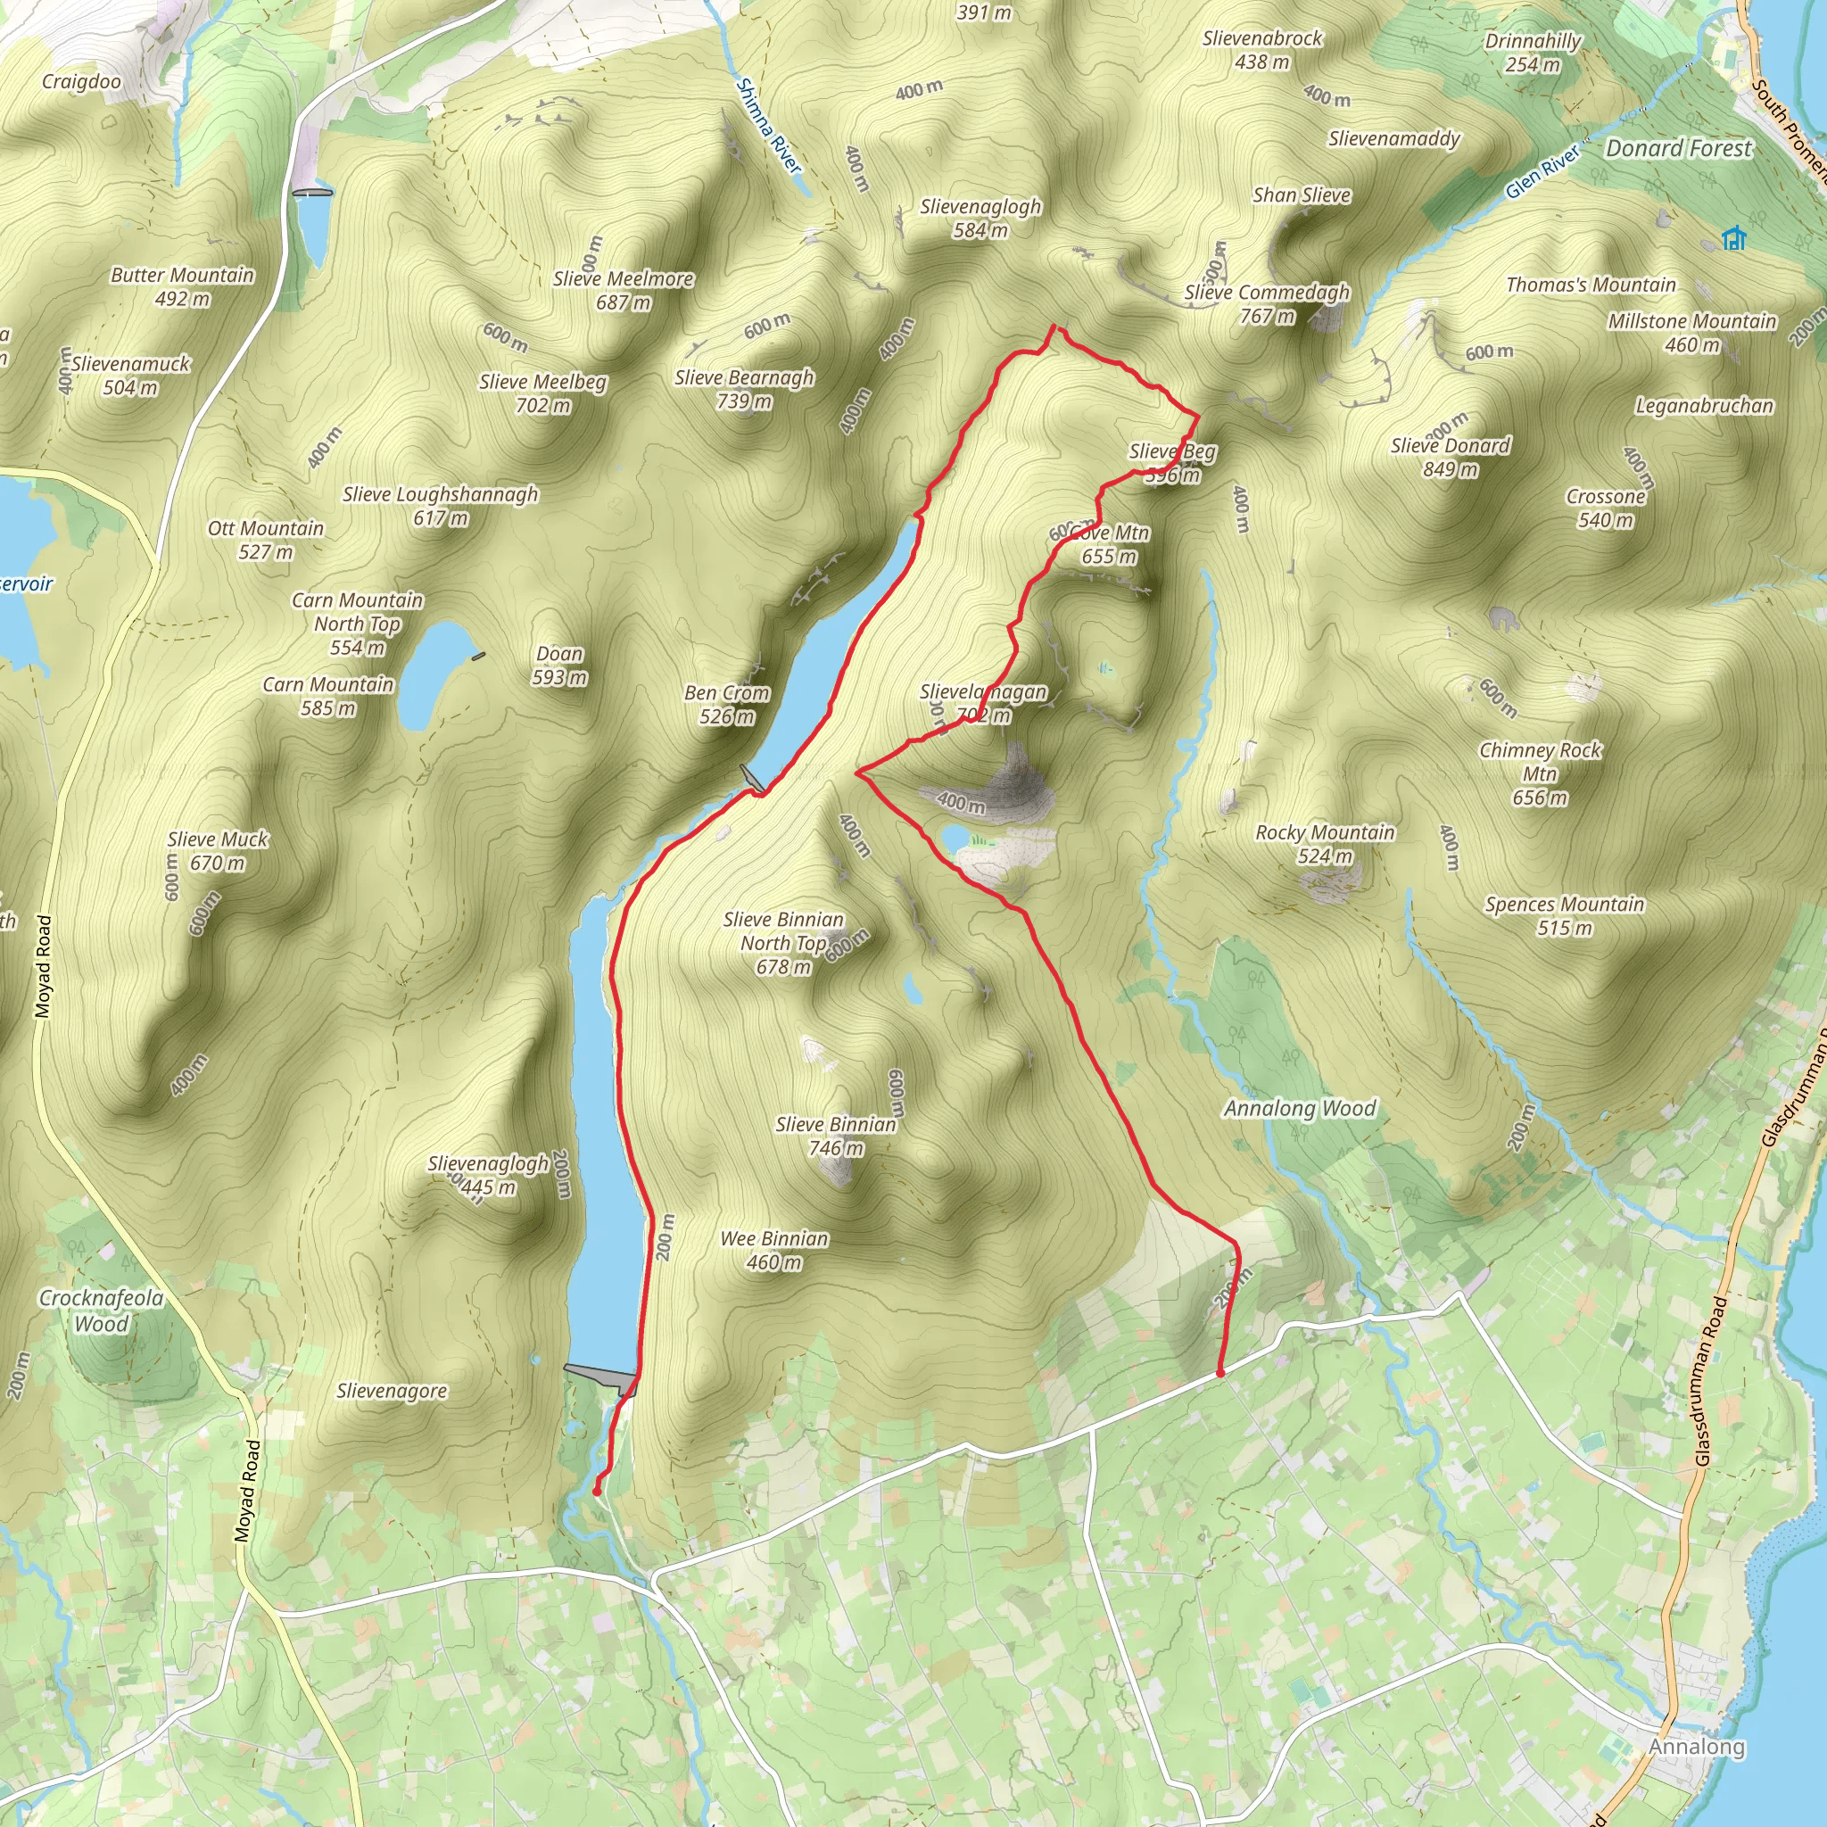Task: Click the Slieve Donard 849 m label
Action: [1450, 457]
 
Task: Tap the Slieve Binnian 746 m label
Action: [836, 1136]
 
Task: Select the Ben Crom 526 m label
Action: [726, 705]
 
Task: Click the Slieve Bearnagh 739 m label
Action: [744, 389]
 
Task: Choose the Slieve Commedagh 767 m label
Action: [1267, 303]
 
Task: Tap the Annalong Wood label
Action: [1299, 1108]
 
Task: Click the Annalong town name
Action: [1697, 1747]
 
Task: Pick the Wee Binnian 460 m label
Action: [773, 1250]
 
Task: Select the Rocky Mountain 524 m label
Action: [1325, 844]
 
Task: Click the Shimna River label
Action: [769, 126]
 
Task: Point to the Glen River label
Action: [1542, 171]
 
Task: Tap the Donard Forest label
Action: [1679, 148]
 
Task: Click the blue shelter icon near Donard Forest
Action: [1733, 238]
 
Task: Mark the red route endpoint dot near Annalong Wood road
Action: [1219, 1372]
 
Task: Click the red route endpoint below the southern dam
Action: [597, 1492]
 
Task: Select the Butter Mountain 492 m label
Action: [183, 286]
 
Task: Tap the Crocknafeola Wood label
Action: [101, 1310]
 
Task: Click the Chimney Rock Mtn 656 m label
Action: [1540, 773]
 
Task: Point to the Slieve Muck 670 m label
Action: [218, 850]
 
